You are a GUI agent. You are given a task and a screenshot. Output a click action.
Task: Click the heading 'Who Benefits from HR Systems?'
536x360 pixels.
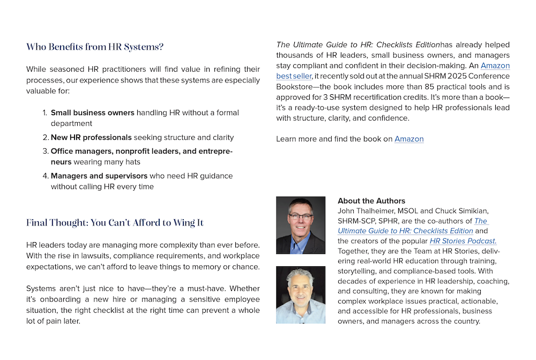point(95,47)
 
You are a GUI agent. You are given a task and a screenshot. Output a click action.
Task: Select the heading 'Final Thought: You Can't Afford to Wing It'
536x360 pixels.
point(115,223)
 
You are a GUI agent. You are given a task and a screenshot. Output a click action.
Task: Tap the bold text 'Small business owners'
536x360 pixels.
point(92,113)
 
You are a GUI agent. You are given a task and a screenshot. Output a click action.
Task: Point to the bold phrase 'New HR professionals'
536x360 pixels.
point(91,138)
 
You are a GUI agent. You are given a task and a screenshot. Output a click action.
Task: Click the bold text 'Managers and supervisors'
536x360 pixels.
point(99,176)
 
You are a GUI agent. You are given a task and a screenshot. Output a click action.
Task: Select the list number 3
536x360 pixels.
point(45,152)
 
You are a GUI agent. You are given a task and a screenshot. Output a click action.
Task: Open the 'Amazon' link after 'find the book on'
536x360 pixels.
point(409,139)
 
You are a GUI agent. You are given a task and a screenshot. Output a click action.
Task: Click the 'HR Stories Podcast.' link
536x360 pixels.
point(463,241)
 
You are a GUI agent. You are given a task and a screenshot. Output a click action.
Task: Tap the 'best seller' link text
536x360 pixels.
point(294,76)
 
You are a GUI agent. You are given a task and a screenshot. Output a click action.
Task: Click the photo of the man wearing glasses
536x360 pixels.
point(301,226)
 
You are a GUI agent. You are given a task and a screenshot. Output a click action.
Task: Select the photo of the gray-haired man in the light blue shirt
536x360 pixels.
point(301,295)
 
